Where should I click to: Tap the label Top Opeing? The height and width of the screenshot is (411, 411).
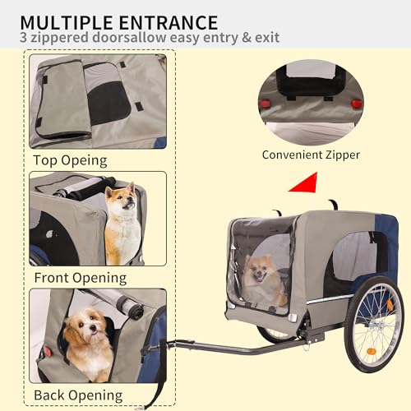pyautogui.click(x=72, y=159)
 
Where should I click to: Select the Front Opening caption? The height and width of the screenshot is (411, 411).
pyautogui.click(x=80, y=277)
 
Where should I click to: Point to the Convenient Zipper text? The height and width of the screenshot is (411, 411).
pyautogui.click(x=311, y=154)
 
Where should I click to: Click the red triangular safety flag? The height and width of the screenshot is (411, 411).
pyautogui.click(x=304, y=182)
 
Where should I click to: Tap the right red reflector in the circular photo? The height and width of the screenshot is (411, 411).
pyautogui.click(x=356, y=104)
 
